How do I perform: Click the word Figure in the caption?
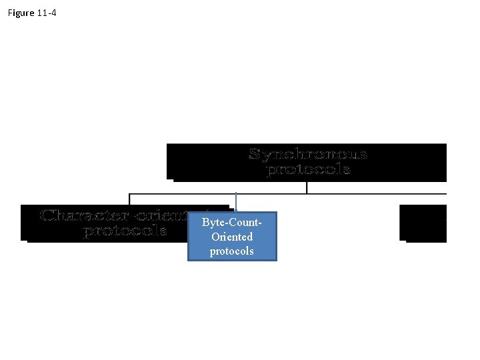point(21,13)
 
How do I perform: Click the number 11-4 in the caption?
point(47,13)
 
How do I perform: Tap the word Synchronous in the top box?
point(308,155)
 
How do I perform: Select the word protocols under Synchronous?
point(308,169)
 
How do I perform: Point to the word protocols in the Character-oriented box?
point(125,231)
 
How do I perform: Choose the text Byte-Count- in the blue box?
point(231,222)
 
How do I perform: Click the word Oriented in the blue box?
point(231,237)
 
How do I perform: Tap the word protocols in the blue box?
point(231,251)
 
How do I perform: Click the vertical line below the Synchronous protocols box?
point(307,187)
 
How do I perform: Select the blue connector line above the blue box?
point(236,202)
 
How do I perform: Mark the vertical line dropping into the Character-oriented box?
point(129,199)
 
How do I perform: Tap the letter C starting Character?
point(47,216)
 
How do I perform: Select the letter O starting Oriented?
point(215,237)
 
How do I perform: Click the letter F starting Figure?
point(10,13)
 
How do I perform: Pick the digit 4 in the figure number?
point(53,13)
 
